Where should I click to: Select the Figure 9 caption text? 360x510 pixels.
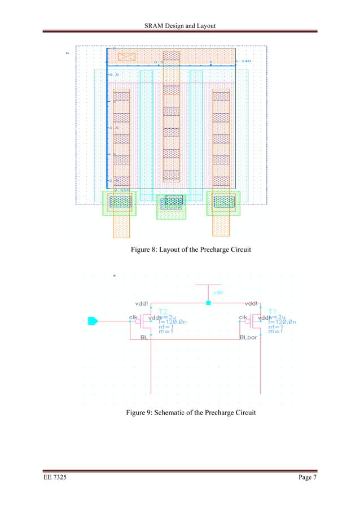(191, 413)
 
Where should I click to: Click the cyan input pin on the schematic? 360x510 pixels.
(93, 321)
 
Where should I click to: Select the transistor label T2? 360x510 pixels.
(163, 311)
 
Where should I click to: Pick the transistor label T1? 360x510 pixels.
(273, 311)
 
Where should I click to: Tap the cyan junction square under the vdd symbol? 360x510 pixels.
(209, 303)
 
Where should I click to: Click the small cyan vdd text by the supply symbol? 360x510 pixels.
(217, 293)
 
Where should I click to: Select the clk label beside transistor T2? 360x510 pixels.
(134, 317)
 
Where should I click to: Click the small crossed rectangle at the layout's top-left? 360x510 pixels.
(126, 56)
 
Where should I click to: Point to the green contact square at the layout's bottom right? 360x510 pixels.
(223, 202)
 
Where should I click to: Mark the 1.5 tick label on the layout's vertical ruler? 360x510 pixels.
(113, 128)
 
